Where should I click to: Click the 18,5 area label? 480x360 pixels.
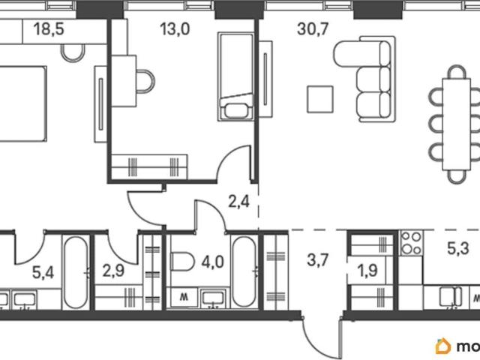pyautogui.click(x=49, y=29)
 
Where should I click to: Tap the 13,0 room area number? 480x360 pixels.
pyautogui.click(x=175, y=29)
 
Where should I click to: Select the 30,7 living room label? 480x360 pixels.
pyautogui.click(x=313, y=29)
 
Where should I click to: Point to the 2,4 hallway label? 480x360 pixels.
pyautogui.click(x=238, y=202)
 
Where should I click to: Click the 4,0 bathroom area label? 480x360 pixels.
pyautogui.click(x=213, y=262)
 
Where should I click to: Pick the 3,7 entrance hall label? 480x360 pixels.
pyautogui.click(x=318, y=260)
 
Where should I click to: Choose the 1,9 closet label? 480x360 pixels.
pyautogui.click(x=367, y=271)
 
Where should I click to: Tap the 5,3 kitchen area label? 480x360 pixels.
pyautogui.click(x=458, y=248)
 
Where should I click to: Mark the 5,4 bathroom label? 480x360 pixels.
pyautogui.click(x=43, y=272)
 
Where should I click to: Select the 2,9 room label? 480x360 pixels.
pyautogui.click(x=113, y=271)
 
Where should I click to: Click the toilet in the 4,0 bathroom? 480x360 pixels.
pyautogui.click(x=182, y=262)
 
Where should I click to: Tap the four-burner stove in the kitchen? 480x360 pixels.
pyautogui.click(x=412, y=243)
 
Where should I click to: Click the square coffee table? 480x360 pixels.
pyautogui.click(x=320, y=99)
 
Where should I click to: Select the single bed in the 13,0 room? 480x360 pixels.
pyautogui.click(x=235, y=76)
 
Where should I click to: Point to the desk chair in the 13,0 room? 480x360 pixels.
pyautogui.click(x=145, y=82)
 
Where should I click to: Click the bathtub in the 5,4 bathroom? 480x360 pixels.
pyautogui.click(x=76, y=272)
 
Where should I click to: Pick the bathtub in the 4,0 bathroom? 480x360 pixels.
pyautogui.click(x=244, y=272)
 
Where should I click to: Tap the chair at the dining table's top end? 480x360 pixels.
pyautogui.click(x=457, y=72)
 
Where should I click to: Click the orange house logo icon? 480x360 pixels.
pyautogui.click(x=443, y=346)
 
